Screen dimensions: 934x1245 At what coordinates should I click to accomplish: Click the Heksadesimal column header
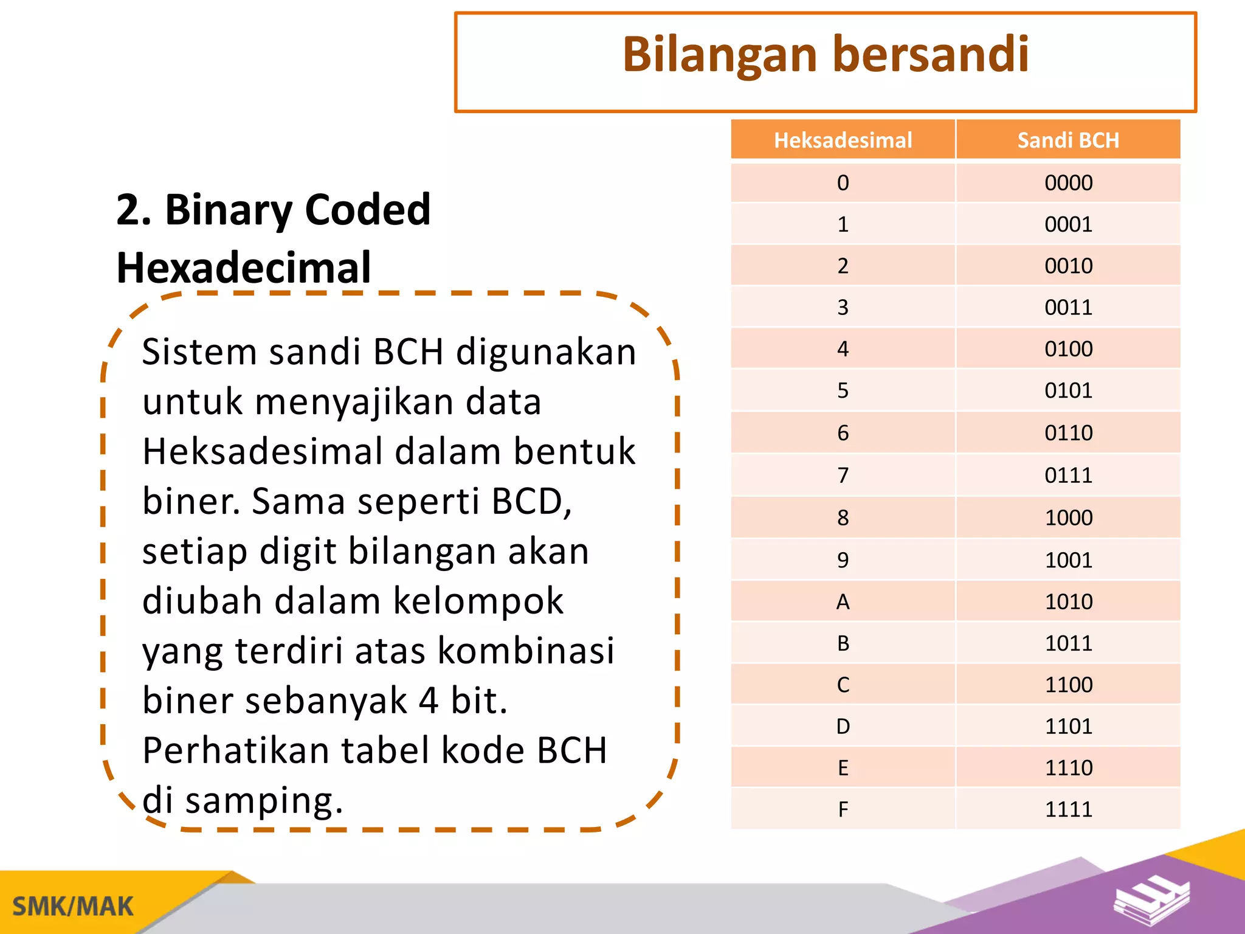843,140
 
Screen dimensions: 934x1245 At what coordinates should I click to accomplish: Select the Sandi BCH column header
1068,140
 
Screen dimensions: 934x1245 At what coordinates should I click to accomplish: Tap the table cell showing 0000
1068,182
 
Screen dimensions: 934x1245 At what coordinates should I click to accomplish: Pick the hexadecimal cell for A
843,602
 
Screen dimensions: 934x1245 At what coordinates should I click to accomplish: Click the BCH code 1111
1068,809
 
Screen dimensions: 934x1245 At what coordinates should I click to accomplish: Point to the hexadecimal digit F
843,809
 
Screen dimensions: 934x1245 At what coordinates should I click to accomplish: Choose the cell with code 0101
1068,390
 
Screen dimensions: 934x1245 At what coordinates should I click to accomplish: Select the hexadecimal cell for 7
843,475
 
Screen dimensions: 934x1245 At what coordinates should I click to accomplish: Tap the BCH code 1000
1068,517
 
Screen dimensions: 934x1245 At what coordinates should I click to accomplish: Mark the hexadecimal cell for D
843,726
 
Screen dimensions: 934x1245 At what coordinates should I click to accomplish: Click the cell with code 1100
1068,685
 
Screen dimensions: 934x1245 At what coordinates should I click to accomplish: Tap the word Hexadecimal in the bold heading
243,268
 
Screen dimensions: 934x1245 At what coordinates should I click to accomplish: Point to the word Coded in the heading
367,209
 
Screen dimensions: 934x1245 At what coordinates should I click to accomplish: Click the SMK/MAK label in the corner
73,906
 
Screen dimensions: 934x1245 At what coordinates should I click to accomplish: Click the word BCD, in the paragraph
531,502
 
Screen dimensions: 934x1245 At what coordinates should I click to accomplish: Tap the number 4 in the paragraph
428,700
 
